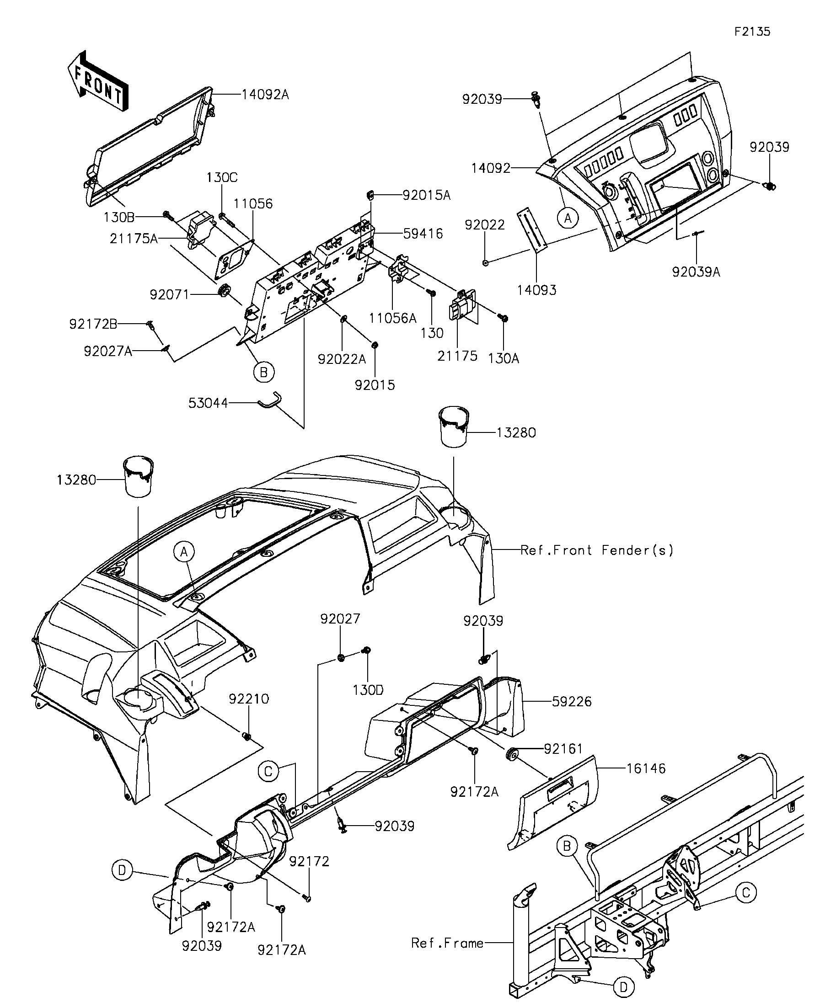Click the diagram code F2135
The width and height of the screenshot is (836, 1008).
pos(752,32)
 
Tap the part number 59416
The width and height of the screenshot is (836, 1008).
pos(423,234)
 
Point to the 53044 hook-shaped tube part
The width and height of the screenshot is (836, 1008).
pos(270,400)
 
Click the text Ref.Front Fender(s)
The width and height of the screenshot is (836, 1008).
pos(597,550)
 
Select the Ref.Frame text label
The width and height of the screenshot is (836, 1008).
pos(447,943)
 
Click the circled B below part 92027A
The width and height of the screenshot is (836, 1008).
pos(263,372)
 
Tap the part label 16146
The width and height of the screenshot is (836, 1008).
pos(646,768)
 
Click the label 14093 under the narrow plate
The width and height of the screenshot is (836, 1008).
pos(536,290)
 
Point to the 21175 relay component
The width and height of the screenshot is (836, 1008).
pos(462,305)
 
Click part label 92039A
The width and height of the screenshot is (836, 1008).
pos(696,272)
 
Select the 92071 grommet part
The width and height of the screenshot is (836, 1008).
pos(224,291)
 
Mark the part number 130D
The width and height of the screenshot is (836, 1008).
pos(368,690)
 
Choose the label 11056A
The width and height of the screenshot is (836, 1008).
pos(392,318)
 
